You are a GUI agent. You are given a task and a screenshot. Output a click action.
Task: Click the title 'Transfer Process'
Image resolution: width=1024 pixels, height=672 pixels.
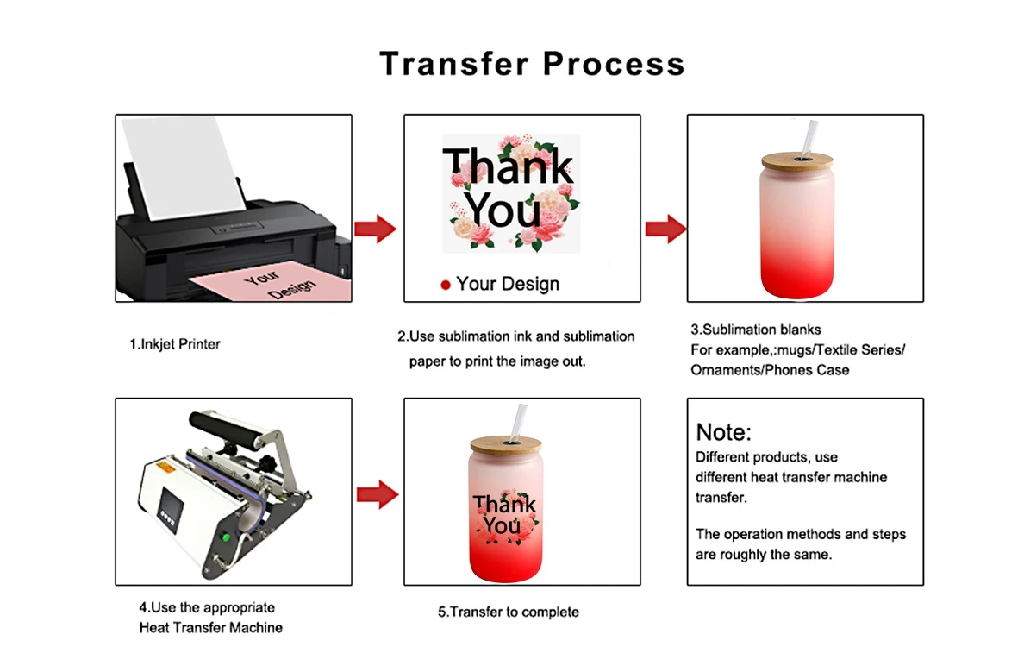click(x=532, y=64)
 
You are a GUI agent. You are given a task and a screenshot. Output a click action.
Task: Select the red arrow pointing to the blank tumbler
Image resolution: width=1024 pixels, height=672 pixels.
click(x=665, y=229)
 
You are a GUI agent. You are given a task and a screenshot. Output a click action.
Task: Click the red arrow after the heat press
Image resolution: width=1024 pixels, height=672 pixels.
click(x=376, y=495)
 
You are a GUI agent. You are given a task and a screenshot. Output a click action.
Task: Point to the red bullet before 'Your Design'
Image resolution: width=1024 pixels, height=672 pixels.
click(x=446, y=285)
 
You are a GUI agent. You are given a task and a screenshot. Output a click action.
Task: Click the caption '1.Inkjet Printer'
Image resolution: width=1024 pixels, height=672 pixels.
click(x=175, y=344)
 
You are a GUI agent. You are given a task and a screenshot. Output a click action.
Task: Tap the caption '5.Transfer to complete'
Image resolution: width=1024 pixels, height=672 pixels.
click(x=509, y=612)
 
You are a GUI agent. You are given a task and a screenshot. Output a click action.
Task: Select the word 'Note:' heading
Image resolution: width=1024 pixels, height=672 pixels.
click(x=724, y=432)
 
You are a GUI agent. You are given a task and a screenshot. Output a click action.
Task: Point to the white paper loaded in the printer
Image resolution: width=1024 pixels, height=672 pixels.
click(x=181, y=168)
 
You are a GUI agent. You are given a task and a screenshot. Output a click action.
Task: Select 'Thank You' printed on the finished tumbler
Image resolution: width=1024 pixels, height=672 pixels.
click(x=503, y=514)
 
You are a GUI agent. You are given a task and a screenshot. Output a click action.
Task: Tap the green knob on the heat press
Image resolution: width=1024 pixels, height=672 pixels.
click(x=226, y=538)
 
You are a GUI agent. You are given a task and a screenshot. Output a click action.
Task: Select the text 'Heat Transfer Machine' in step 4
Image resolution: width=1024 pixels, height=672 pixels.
click(x=210, y=628)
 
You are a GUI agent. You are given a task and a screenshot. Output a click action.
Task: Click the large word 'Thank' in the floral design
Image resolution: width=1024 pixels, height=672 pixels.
click(x=507, y=166)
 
